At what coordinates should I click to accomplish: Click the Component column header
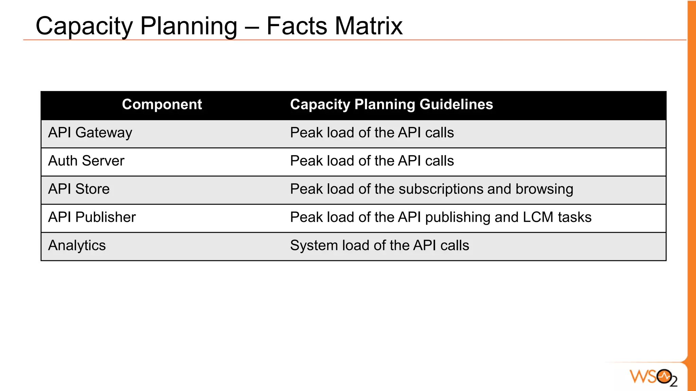pos(162,105)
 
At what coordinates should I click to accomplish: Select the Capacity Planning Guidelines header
pos(391,105)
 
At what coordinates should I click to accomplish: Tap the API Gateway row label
pos(90,133)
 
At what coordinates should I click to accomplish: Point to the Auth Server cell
pos(86,161)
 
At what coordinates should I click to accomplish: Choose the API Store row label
pos(79,189)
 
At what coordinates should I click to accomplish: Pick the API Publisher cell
pos(92,217)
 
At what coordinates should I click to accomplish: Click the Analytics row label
pos(77,245)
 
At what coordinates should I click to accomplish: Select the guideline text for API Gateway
pos(372,133)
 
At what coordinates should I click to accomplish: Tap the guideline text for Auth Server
pos(372,161)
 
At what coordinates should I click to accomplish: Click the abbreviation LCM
pos(538,217)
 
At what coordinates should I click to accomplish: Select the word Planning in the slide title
pos(189,26)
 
